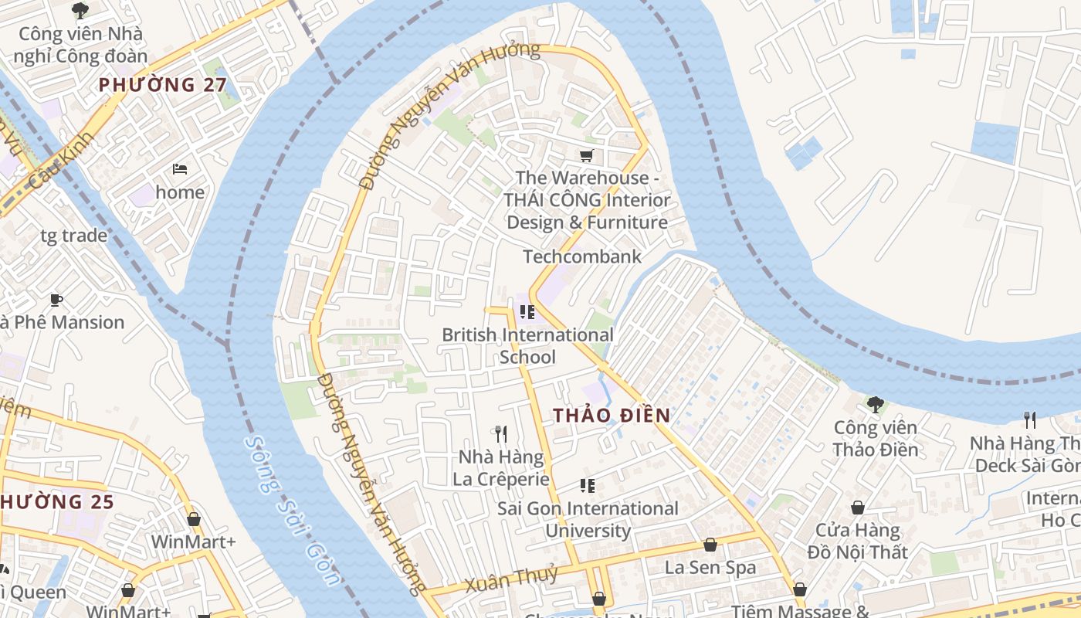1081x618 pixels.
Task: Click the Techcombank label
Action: pyautogui.click(x=582, y=256)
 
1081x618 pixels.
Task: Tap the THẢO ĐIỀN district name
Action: pyautogui.click(x=612, y=416)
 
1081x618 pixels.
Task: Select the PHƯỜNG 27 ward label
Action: pyautogui.click(x=163, y=85)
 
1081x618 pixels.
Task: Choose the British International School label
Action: pyautogui.click(x=527, y=345)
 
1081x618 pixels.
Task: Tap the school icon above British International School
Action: pyautogui.click(x=527, y=312)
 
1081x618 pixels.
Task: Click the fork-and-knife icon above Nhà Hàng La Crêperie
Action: pyautogui.click(x=500, y=434)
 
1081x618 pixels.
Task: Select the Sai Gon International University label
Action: pyautogui.click(x=588, y=519)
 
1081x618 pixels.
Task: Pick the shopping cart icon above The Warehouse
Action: pyautogui.click(x=587, y=155)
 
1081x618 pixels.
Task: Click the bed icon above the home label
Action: pyautogui.click(x=180, y=169)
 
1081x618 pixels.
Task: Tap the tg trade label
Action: pyautogui.click(x=74, y=236)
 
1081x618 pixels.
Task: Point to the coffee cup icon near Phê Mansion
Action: pyautogui.click(x=56, y=300)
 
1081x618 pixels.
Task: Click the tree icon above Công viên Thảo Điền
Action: pyautogui.click(x=875, y=404)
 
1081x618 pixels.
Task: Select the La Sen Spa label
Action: pyautogui.click(x=710, y=568)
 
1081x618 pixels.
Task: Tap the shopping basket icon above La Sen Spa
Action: pyautogui.click(x=710, y=545)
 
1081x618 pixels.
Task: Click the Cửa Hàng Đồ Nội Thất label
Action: pyautogui.click(x=858, y=542)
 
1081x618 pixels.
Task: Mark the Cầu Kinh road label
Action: pyautogui.click(x=61, y=161)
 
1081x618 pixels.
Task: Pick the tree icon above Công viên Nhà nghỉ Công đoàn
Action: pyautogui.click(x=80, y=10)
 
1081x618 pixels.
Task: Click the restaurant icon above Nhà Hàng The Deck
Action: pyautogui.click(x=1030, y=419)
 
